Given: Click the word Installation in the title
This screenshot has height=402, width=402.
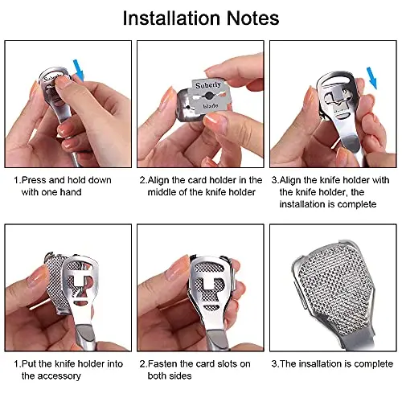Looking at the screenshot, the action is click(x=171, y=18).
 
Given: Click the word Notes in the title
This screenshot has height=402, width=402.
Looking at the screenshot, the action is click(x=253, y=18).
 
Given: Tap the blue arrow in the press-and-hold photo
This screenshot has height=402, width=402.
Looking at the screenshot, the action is click(x=79, y=70).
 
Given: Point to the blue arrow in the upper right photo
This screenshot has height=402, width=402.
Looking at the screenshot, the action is click(x=372, y=78).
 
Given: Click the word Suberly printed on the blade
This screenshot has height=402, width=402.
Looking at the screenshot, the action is click(x=208, y=85).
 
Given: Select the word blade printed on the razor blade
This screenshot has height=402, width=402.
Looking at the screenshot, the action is click(x=211, y=106).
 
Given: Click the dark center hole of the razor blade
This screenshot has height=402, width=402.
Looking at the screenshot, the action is click(x=208, y=95).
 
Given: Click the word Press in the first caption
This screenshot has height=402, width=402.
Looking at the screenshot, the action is click(x=34, y=180).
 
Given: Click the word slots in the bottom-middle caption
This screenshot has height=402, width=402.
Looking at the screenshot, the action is click(x=225, y=363).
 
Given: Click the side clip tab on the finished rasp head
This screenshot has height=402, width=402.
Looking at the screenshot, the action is click(x=300, y=295).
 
